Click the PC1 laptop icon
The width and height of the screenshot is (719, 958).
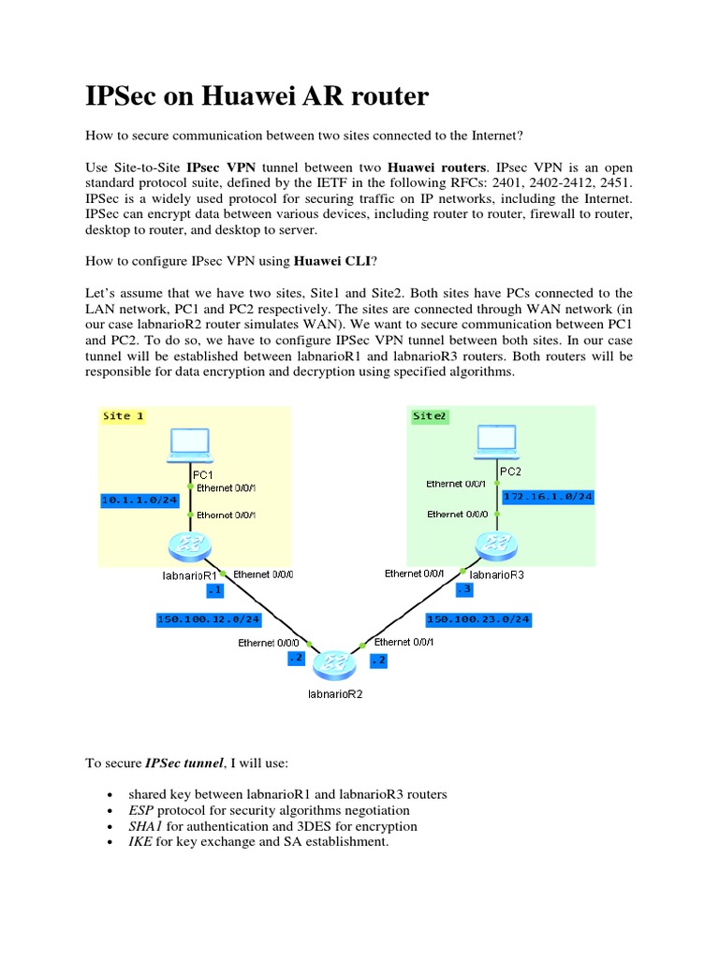click(189, 446)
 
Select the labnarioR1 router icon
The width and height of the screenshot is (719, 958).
click(189, 544)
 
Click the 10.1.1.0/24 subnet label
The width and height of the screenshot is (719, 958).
click(139, 501)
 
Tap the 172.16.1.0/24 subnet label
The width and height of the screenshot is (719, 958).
click(548, 496)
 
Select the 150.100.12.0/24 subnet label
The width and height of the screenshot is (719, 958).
click(209, 618)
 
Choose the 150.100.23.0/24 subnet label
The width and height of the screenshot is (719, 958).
click(477, 618)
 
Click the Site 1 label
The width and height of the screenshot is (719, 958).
click(123, 415)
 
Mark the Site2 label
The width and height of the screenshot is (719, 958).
click(429, 415)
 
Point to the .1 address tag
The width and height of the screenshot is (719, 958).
click(214, 590)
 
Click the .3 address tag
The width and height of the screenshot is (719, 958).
click(465, 589)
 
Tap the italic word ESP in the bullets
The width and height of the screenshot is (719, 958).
click(140, 810)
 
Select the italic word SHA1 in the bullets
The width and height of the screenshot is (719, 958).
click(145, 826)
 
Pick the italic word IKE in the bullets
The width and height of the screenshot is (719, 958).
click(139, 842)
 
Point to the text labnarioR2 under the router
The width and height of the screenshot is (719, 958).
click(334, 694)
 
